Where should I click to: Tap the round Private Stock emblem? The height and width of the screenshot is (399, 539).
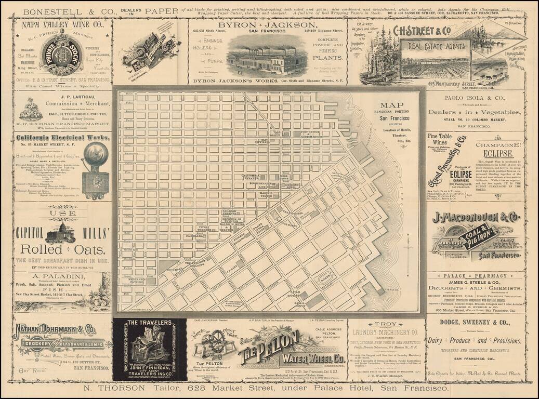pyautogui.click(x=62, y=52)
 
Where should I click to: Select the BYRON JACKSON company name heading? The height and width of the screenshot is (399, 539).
pyautogui.click(x=268, y=25)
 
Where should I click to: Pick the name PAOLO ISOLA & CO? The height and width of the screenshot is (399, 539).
pyautogui.click(x=474, y=98)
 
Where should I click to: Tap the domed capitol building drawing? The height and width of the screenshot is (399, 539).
pyautogui.click(x=60, y=233)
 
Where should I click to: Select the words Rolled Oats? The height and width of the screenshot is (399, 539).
pyautogui.click(x=62, y=250)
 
